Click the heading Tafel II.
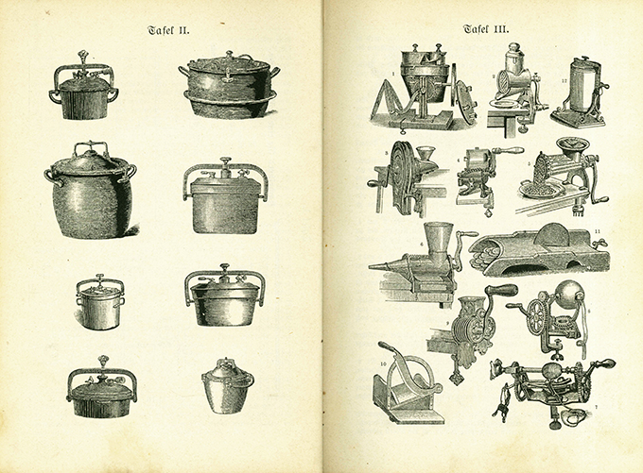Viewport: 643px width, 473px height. coord(168,31)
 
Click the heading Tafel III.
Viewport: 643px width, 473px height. coord(486,28)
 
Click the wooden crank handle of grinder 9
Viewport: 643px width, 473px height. coord(501,290)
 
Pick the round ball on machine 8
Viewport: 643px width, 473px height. coord(566,294)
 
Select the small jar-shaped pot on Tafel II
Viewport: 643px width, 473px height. coord(227,384)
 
